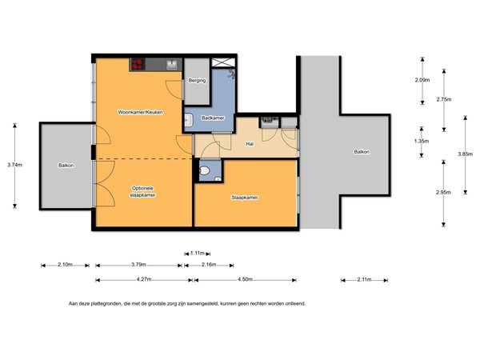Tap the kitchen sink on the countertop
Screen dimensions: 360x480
tap(172, 65)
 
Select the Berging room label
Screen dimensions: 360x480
tap(197, 81)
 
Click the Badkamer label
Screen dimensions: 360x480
tap(212, 118)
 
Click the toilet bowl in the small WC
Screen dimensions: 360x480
tap(206, 170)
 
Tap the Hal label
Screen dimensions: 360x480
tap(250, 145)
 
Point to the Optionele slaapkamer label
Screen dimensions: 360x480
tap(143, 191)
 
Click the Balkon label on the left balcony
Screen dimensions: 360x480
tap(66, 166)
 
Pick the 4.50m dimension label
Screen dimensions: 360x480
tap(245, 279)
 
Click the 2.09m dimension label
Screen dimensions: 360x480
tap(422, 81)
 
